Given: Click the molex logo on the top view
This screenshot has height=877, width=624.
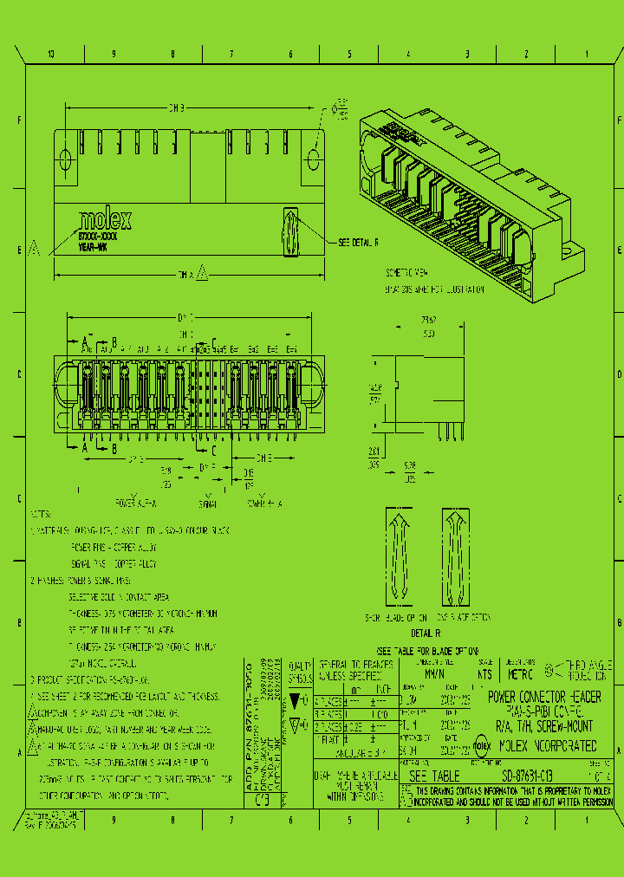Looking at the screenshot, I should click(x=105, y=218).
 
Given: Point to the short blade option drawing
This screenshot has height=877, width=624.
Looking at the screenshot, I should click(x=398, y=557).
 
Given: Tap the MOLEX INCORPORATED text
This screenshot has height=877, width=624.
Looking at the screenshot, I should click(x=551, y=744).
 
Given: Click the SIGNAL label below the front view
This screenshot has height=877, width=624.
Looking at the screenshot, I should click(x=208, y=503).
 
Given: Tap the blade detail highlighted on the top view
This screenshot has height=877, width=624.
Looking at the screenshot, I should click(x=289, y=232).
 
